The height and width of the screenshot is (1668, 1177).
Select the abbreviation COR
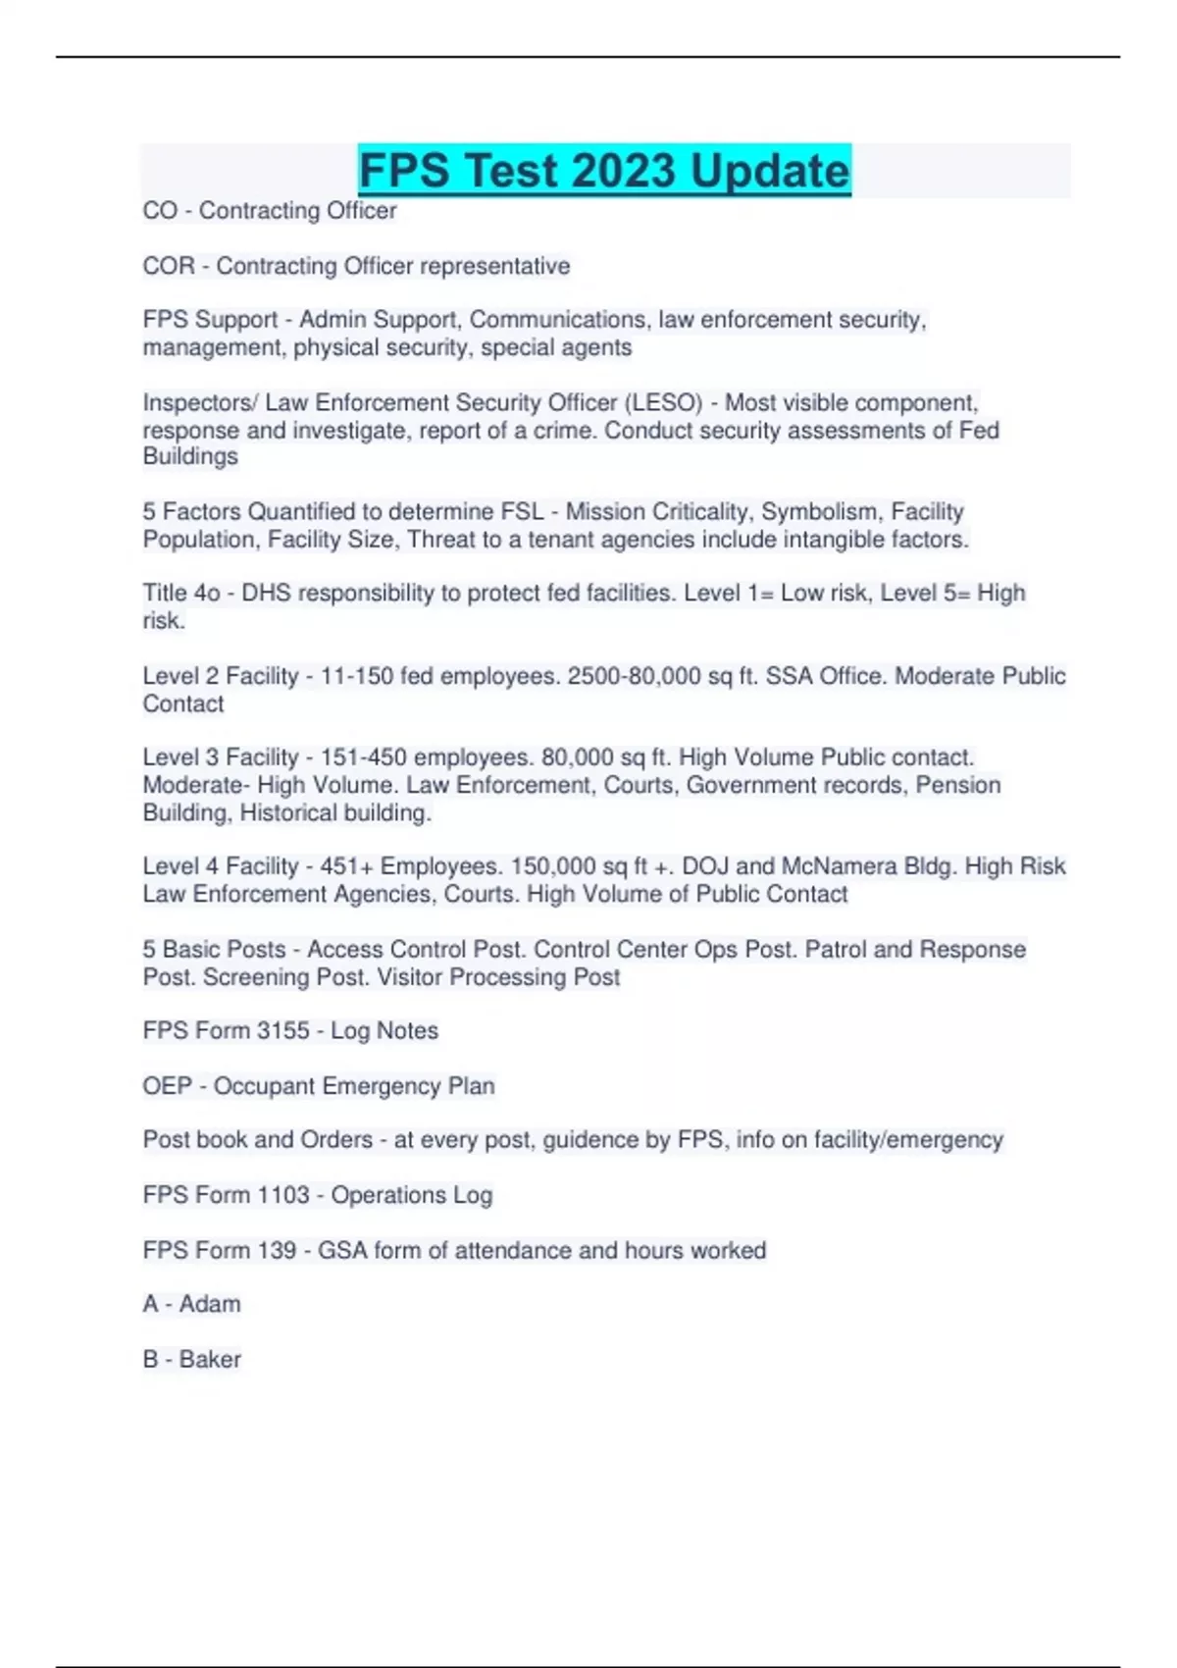[169, 266]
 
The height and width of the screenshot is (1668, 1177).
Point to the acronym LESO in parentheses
[663, 402]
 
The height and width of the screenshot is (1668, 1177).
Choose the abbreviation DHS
[266, 594]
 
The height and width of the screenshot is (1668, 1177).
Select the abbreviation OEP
[167, 1086]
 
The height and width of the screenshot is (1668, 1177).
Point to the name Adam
[210, 1304]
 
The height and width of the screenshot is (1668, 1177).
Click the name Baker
[210, 1359]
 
